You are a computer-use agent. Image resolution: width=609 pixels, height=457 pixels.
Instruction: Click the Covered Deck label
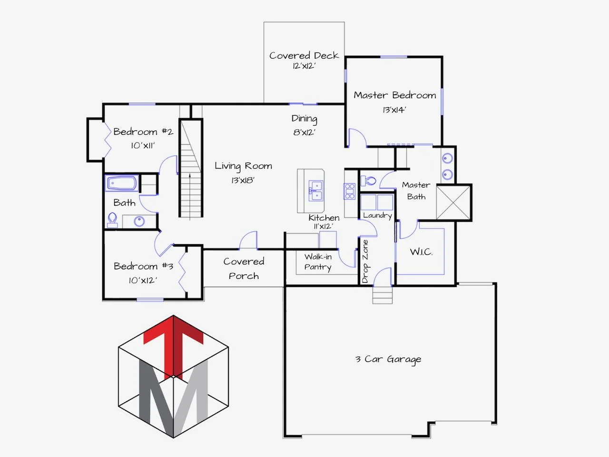pos(304,56)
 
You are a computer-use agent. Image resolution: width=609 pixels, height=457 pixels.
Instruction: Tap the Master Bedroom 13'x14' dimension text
pos(394,110)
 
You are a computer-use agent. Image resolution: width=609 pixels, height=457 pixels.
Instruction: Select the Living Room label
pos(243,166)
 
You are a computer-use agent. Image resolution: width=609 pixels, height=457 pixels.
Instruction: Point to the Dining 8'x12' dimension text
pos(304,132)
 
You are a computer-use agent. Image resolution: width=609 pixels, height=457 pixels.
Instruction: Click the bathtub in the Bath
pos(122,183)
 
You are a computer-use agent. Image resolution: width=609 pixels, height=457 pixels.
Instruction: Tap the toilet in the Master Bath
pos(368,181)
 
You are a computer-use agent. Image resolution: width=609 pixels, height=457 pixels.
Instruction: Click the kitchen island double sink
pos(316,190)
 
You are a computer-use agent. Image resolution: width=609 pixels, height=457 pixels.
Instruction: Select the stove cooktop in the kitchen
pos(350,191)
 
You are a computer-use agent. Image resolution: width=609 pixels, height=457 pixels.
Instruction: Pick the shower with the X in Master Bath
pos(453,203)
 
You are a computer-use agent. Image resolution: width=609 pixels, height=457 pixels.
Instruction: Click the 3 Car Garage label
pos(388,359)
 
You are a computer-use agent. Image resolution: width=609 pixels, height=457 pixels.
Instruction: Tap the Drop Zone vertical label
pos(365,261)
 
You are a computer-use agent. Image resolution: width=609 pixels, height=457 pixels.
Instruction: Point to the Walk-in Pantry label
pos(318,262)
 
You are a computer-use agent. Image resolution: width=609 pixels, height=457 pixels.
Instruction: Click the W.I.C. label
pos(421,252)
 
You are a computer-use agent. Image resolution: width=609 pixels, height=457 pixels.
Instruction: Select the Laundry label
pos(378,216)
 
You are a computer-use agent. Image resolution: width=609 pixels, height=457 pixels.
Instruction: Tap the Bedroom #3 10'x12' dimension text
pos(143,280)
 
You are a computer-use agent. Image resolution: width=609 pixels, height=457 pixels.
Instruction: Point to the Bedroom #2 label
pos(143,131)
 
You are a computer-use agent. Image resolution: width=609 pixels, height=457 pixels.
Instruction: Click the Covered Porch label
pos(244,268)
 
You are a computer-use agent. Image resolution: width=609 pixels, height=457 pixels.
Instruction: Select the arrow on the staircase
pos(190,197)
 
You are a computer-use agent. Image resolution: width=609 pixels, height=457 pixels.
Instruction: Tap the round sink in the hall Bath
pos(139,221)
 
